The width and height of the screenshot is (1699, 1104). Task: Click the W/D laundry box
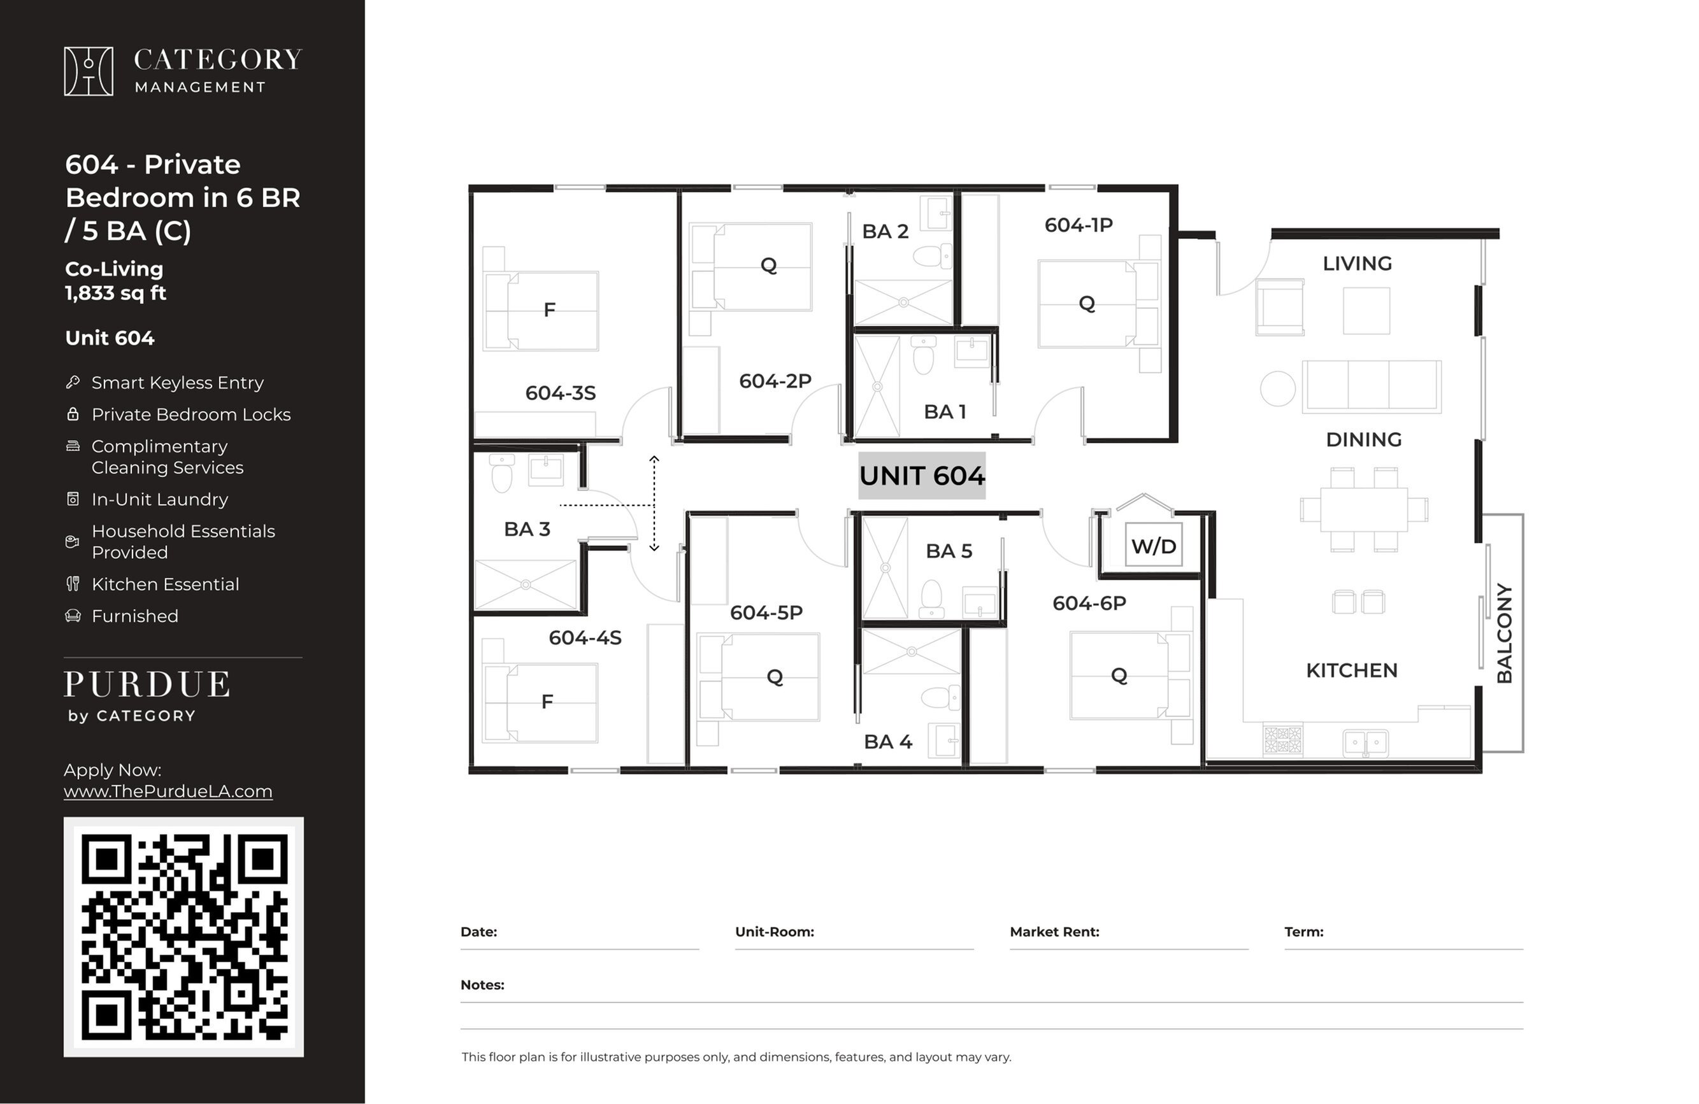(x=1154, y=545)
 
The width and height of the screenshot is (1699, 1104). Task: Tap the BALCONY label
(x=1504, y=633)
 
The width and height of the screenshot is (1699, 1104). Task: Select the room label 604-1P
(x=1079, y=225)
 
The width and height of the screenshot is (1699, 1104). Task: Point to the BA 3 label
(x=527, y=529)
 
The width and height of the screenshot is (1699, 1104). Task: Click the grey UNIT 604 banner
(x=922, y=476)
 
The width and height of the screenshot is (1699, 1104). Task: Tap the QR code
(x=183, y=937)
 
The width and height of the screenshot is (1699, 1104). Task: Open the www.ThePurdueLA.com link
(x=168, y=791)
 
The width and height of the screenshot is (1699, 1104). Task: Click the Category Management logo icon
(x=89, y=71)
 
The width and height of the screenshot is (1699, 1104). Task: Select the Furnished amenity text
(x=135, y=616)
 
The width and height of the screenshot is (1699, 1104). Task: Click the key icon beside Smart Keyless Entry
(x=73, y=383)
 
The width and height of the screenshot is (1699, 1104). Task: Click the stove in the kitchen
(x=1282, y=740)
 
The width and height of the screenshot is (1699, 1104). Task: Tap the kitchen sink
(x=1365, y=742)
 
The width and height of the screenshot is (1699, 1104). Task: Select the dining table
(x=1363, y=509)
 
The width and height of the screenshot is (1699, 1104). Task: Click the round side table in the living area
(x=1277, y=389)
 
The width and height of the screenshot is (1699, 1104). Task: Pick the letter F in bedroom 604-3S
(x=549, y=309)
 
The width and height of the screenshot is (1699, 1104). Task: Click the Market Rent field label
(x=1054, y=931)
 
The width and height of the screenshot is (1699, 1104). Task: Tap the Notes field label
(x=483, y=985)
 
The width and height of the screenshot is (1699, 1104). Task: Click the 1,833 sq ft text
(x=116, y=293)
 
